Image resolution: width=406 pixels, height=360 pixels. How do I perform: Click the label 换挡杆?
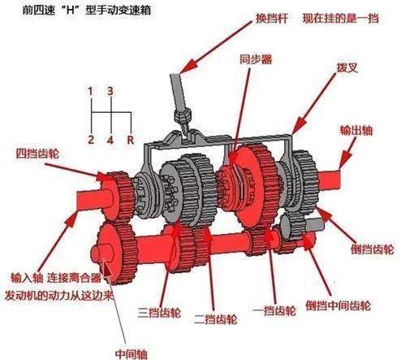point(272,19)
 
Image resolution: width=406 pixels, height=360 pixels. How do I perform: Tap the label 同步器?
point(256,59)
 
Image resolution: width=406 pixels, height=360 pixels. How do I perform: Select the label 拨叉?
point(348,67)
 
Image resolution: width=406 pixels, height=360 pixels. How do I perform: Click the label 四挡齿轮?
point(37,154)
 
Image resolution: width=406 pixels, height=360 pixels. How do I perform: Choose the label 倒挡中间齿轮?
point(338,306)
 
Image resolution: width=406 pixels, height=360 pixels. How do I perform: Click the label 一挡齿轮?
point(274,311)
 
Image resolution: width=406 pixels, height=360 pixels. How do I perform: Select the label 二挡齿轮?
point(216,319)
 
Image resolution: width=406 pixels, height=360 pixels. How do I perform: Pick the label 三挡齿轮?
point(159,313)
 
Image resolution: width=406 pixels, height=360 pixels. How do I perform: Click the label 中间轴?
point(132,353)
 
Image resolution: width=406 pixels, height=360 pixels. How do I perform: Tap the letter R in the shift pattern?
point(131,140)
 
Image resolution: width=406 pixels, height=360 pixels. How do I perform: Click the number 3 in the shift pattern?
point(110,91)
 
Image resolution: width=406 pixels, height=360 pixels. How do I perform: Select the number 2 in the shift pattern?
point(91,140)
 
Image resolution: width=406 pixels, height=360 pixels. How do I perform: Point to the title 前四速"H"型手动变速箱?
point(87,11)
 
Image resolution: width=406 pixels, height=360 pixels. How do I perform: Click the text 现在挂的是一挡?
point(340,19)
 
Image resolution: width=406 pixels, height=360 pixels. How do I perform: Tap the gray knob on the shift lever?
point(182,116)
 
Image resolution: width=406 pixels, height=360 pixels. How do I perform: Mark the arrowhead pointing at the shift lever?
point(188,66)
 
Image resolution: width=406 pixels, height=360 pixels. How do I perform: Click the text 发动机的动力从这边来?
point(58,295)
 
